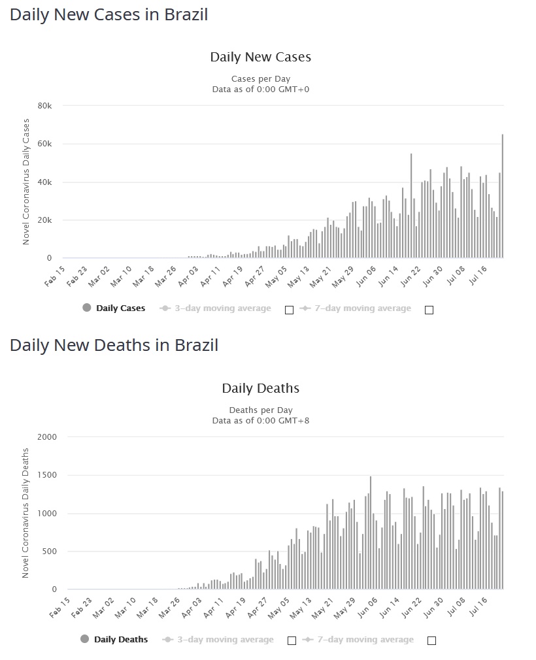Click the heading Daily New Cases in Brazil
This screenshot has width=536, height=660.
coord(109,14)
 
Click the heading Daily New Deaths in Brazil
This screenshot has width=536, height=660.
coord(114,345)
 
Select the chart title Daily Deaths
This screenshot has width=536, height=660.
coord(260,388)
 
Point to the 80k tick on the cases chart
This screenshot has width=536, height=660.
coord(45,106)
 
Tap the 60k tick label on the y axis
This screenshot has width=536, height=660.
coord(45,144)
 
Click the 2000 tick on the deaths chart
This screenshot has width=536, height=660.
coord(47,437)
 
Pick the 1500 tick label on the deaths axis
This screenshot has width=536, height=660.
coord(47,475)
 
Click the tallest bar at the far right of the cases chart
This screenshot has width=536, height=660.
coord(502,196)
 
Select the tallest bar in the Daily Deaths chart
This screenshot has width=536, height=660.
coord(371,533)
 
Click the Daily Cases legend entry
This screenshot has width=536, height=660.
coord(120,308)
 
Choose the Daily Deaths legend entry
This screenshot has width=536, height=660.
coord(120,640)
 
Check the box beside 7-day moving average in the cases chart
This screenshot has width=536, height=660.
coord(429,310)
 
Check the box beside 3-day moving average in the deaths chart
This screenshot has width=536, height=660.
coord(292,641)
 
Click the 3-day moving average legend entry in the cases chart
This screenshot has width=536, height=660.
coord(222,308)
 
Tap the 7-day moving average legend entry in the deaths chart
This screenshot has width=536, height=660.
coord(365,640)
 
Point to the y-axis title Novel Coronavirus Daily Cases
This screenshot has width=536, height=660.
coord(27,182)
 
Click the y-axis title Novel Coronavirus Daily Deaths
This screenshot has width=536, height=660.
coord(27,513)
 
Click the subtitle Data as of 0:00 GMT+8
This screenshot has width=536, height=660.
coord(260,420)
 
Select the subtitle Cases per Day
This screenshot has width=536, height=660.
coord(260,79)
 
